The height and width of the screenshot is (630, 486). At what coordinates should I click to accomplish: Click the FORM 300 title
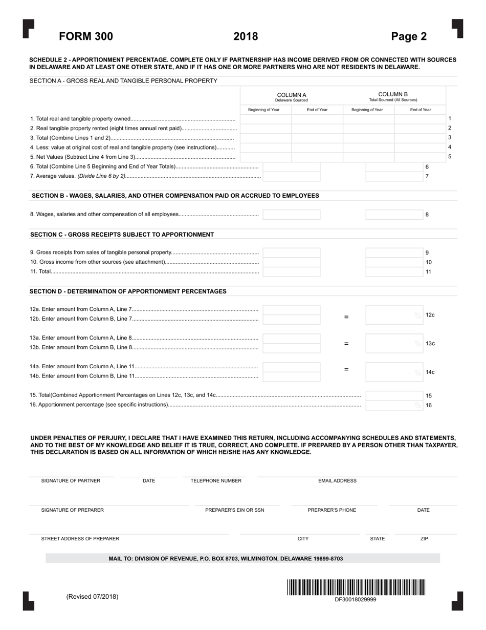pyautogui.click(x=86, y=36)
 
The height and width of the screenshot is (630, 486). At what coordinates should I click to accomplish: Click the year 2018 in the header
pyautogui.click(x=246, y=36)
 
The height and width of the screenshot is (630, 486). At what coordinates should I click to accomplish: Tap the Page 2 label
pyautogui.click(x=409, y=36)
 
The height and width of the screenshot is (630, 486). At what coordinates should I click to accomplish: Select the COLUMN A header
pyautogui.click(x=292, y=97)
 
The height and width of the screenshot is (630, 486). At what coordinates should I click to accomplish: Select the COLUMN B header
pyautogui.click(x=393, y=97)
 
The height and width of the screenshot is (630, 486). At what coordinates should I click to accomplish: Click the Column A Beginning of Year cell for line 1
pyautogui.click(x=266, y=119)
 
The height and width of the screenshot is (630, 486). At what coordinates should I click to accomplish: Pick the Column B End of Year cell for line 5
pyautogui.click(x=420, y=157)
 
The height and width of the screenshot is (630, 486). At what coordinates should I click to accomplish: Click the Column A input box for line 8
pyautogui.click(x=292, y=215)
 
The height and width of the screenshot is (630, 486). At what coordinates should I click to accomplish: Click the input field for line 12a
pyautogui.click(x=292, y=309)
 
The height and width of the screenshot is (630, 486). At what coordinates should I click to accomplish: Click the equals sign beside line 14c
pyautogui.click(x=346, y=369)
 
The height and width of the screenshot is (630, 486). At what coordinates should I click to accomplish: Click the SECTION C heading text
pyautogui.click(x=122, y=235)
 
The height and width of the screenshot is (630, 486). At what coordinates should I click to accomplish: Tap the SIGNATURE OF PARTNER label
pyautogui.click(x=71, y=481)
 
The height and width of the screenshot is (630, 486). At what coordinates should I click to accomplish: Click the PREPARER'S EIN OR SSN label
pyautogui.click(x=235, y=510)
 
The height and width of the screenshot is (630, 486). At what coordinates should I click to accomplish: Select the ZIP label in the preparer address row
pyautogui.click(x=424, y=539)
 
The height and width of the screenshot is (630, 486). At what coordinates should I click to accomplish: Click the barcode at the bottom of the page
pyautogui.click(x=356, y=587)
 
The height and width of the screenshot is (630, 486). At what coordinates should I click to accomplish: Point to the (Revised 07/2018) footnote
pyautogui.click(x=92, y=597)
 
